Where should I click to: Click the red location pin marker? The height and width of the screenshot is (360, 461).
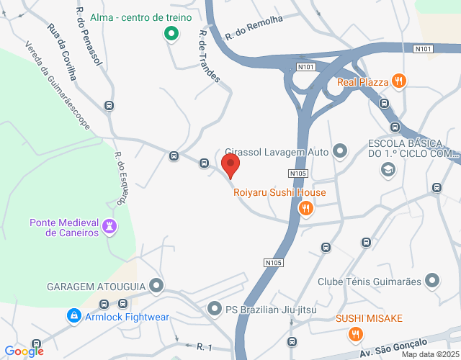231,166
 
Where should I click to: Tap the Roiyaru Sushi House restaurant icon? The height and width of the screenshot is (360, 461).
306,209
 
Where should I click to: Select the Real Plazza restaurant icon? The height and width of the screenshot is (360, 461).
399,81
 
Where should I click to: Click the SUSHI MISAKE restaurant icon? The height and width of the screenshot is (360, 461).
354,335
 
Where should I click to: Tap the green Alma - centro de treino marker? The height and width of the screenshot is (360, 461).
171,33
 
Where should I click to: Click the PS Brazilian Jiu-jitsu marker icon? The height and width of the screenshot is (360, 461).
214,310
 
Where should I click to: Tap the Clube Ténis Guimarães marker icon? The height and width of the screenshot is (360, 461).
432,280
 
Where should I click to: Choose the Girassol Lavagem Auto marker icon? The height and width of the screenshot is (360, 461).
340,151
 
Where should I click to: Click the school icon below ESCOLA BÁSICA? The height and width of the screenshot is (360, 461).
388,170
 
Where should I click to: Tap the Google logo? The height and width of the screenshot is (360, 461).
24,351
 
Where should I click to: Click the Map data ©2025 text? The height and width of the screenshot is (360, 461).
430,354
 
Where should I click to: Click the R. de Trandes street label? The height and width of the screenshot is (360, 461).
209,56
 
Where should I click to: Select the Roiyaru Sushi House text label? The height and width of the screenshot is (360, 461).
279,193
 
